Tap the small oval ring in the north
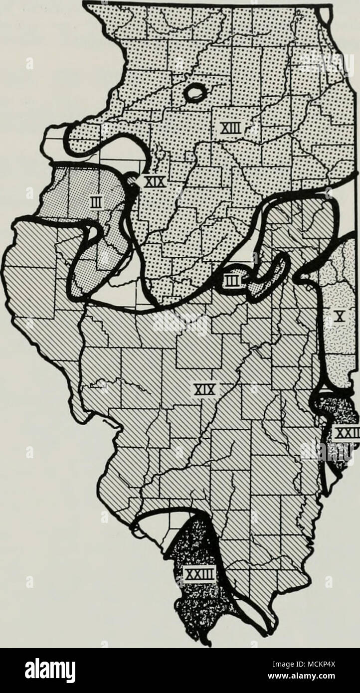click(194, 92)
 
